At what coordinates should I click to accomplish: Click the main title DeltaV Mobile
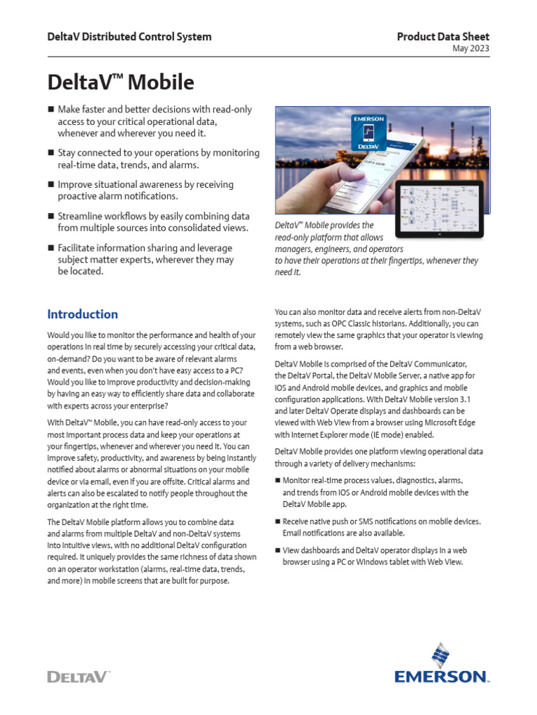click(120, 82)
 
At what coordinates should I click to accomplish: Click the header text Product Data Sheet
click(443, 37)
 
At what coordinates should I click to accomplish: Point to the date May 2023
click(471, 49)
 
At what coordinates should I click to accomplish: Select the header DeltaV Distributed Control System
click(129, 37)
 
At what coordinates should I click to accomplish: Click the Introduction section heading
click(83, 314)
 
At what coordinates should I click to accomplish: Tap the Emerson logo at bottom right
click(441, 664)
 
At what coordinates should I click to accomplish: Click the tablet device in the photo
click(438, 207)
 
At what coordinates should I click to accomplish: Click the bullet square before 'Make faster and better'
click(50, 110)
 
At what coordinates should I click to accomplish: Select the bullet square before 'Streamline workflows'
click(50, 217)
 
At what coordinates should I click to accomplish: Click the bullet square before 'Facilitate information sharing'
click(50, 249)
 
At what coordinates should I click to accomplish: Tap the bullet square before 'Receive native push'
click(278, 522)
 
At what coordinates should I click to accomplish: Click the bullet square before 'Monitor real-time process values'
click(278, 481)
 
